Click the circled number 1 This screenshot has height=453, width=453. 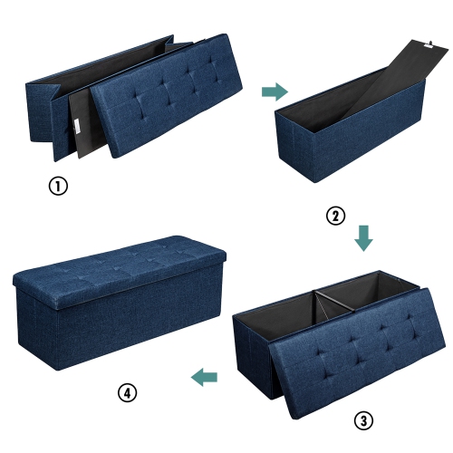pyautogui.click(x=58, y=188)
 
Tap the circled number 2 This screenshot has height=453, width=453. pyautogui.click(x=335, y=216)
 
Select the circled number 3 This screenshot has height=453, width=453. pyautogui.click(x=361, y=420)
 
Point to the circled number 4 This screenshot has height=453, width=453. pyautogui.click(x=128, y=392)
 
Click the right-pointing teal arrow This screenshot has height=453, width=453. pyautogui.click(x=275, y=92)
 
